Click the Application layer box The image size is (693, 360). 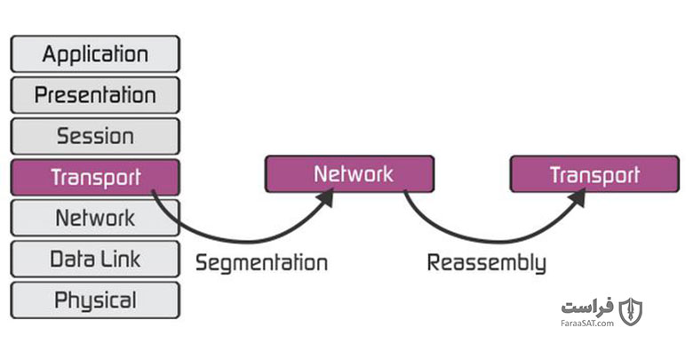pos(95,54)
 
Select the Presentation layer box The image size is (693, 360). pos(95,95)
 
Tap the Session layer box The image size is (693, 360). pos(95,136)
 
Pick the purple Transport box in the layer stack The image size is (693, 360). pos(95,177)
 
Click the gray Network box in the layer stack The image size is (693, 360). pos(95,218)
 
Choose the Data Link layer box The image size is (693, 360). pos(95,260)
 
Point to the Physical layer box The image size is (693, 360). pos(95,300)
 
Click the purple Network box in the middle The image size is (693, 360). pos(349,174)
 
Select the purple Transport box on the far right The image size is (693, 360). pos(594,174)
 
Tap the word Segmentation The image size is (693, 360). pos(261,263)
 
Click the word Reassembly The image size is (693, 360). pos(487,263)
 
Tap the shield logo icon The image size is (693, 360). pos(630,312)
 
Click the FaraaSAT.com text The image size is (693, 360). pos(587,324)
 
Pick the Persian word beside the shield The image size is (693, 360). pos(587,307)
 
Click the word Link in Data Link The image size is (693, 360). pos(119,260)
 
